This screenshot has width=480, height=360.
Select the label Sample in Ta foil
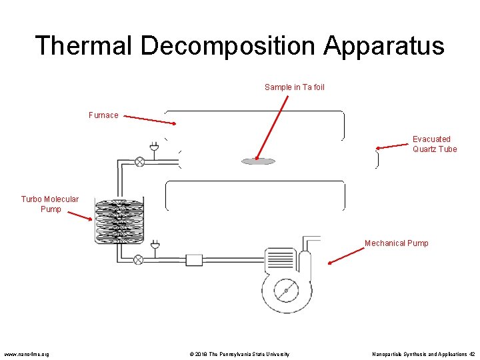pyautogui.click(x=294, y=87)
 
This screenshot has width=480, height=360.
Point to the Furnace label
pyautogui.click(x=103, y=115)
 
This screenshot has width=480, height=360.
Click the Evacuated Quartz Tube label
pyautogui.click(x=434, y=144)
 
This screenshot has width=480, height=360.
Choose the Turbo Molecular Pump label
pyautogui.click(x=50, y=204)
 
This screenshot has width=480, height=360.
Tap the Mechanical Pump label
pyautogui.click(x=396, y=243)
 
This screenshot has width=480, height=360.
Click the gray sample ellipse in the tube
pyautogui.click(x=258, y=161)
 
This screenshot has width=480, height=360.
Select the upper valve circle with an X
pyautogui.click(x=140, y=161)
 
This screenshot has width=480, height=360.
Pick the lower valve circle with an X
pyautogui.click(x=139, y=260)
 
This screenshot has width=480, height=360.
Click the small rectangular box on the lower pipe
pyautogui.click(x=194, y=260)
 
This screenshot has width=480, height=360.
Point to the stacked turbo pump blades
pyautogui.click(x=119, y=220)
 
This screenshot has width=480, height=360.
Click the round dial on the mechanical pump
pyautogui.click(x=286, y=291)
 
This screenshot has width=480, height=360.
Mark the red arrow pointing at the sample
pyautogui.click(x=272, y=128)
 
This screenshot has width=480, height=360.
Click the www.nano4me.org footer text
pyautogui.click(x=27, y=354)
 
